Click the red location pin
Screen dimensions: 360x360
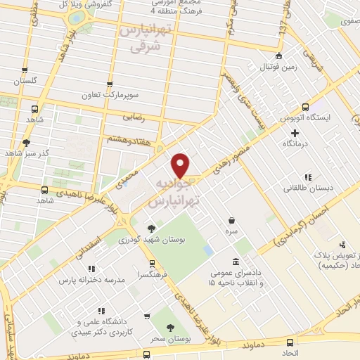click(181, 165)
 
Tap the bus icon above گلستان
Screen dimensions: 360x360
click(25, 70)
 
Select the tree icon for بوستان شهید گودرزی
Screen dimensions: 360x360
click(151, 227)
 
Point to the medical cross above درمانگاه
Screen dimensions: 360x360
click(295, 132)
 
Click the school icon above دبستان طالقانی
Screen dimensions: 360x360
click(307, 177)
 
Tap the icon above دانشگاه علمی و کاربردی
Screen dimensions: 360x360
click(101, 310)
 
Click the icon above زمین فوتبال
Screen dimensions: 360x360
click(279, 56)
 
